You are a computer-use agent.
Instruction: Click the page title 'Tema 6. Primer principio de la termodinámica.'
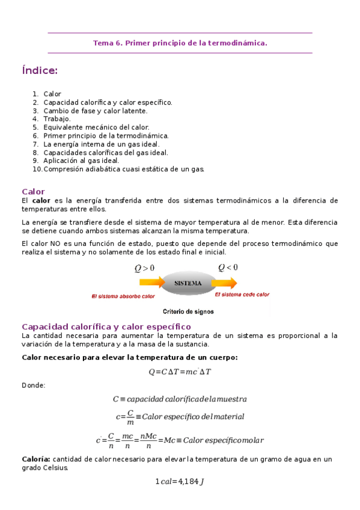(x=180, y=43)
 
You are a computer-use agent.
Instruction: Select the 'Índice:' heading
(x=40, y=71)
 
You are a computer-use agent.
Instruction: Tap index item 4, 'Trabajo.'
(x=56, y=119)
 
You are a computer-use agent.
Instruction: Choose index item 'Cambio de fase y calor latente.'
(x=95, y=111)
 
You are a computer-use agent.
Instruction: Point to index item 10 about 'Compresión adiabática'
(x=124, y=169)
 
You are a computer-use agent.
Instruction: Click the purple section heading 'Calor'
(x=33, y=191)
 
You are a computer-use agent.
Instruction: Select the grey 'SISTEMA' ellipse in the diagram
(x=188, y=283)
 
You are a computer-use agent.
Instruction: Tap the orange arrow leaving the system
(x=224, y=282)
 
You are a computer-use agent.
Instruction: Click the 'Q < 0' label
(x=228, y=267)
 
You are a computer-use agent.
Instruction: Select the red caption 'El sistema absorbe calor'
(x=123, y=296)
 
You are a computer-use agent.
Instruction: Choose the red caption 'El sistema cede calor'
(x=242, y=295)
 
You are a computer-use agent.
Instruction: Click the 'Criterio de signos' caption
(x=188, y=312)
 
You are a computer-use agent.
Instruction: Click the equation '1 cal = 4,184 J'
(x=180, y=481)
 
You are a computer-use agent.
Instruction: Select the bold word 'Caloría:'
(x=35, y=459)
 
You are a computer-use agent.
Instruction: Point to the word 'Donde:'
(x=33, y=385)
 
